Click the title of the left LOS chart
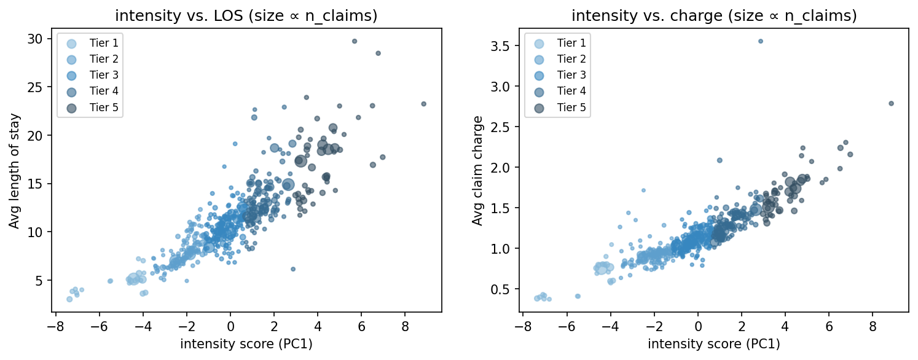[x=246, y=16]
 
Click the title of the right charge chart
[x=714, y=16]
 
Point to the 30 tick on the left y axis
[x=37, y=39]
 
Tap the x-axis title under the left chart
[x=246, y=344]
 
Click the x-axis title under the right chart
[x=714, y=344]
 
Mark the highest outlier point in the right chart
[x=760, y=41]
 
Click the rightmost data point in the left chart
[x=423, y=104]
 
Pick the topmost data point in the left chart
[x=354, y=41]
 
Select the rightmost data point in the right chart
[x=891, y=103]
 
